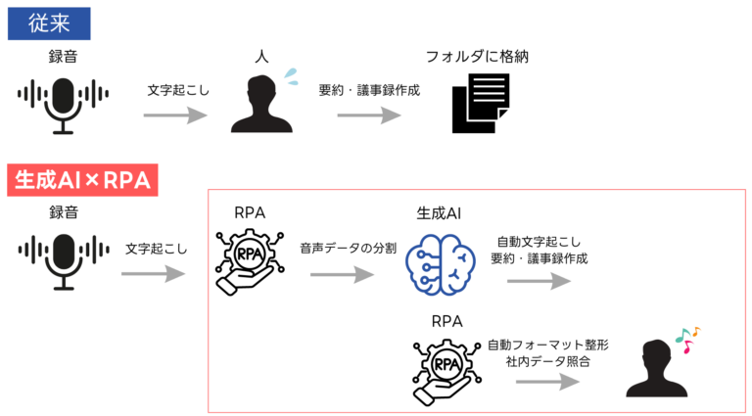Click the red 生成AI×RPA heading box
tap(83, 181)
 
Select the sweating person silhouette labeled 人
tap(260, 105)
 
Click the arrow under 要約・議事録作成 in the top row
tap(369, 116)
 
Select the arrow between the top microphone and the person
tap(175, 116)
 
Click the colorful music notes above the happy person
tap(688, 338)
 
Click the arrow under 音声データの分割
tap(342, 275)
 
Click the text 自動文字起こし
tap(540, 241)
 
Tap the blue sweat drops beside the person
tap(290, 74)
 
